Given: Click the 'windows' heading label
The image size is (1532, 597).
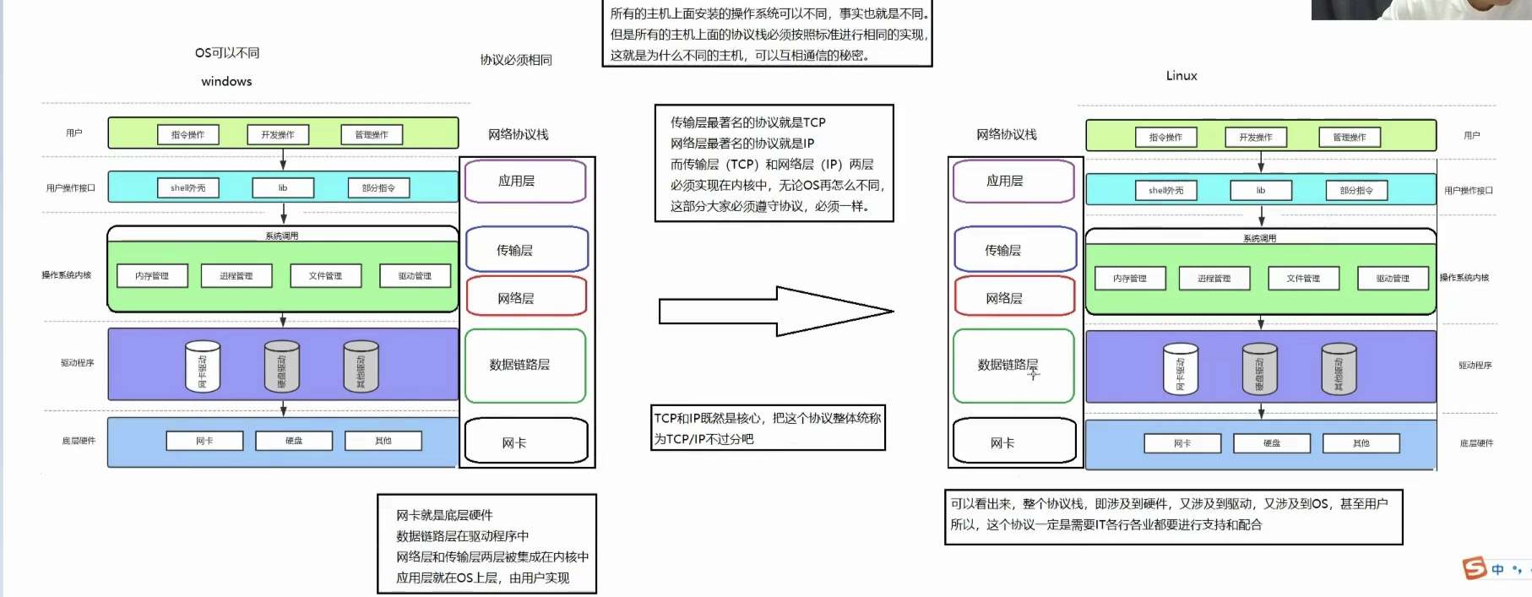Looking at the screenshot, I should [226, 81].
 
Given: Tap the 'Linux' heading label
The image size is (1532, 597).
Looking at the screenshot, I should [1182, 75].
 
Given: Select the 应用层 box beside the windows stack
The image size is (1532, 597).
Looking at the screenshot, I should [524, 181].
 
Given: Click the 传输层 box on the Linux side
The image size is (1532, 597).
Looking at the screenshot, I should [1015, 249].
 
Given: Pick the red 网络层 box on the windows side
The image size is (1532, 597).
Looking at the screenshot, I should [525, 297].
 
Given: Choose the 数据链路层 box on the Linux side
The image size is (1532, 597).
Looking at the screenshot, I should [1013, 365].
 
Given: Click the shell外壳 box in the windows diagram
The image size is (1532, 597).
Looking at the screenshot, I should [188, 187].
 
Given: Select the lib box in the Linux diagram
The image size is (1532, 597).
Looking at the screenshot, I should [1260, 190].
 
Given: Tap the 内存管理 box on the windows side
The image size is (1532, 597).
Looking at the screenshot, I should [152, 275].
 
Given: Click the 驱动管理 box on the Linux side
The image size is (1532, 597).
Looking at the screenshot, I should [1393, 278].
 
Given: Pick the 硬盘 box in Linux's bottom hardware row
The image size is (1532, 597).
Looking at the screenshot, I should [1271, 443].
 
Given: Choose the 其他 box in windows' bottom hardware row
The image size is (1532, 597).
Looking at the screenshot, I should [383, 441].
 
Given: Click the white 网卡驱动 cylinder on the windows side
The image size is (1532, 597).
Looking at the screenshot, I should [203, 366].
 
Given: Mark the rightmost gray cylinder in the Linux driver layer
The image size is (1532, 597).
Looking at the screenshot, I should [1339, 369].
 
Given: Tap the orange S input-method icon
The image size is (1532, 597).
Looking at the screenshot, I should [1475, 568].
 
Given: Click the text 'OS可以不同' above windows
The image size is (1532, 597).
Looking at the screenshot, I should [227, 52].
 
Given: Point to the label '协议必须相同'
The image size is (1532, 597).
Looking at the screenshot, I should [516, 60].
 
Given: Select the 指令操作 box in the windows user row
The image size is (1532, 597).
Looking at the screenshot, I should [187, 134].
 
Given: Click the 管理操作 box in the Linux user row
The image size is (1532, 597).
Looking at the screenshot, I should [1349, 137].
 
